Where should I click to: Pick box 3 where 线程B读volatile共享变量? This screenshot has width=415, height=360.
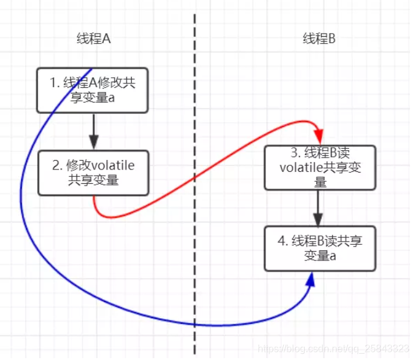pyautogui.click(x=320, y=167)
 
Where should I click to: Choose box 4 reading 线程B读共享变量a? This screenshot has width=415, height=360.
pyautogui.click(x=320, y=249)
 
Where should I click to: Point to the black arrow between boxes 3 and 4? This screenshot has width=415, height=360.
pyautogui.click(x=319, y=209)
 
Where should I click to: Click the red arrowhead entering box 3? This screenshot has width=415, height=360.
pyautogui.click(x=319, y=136)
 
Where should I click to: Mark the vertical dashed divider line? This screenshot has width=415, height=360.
pyautogui.click(x=195, y=187)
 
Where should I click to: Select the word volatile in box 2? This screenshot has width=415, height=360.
pyautogui.click(x=112, y=166)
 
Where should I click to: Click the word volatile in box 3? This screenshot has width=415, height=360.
pyautogui.click(x=302, y=167)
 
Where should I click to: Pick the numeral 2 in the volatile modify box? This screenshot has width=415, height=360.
pyautogui.click(x=55, y=166)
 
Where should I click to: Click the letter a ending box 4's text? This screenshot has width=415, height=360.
pyautogui.click(x=333, y=255)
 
